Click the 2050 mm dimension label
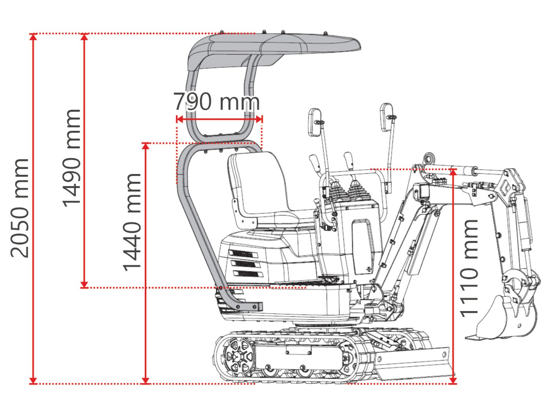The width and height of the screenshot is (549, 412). pyautogui.click(x=20, y=208)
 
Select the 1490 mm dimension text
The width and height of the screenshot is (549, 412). pyautogui.click(x=72, y=158)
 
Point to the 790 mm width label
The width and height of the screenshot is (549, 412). pyautogui.click(x=217, y=101)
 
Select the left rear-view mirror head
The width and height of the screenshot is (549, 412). pyautogui.click(x=315, y=122)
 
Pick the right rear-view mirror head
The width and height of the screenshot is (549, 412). pyautogui.click(x=386, y=117)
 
